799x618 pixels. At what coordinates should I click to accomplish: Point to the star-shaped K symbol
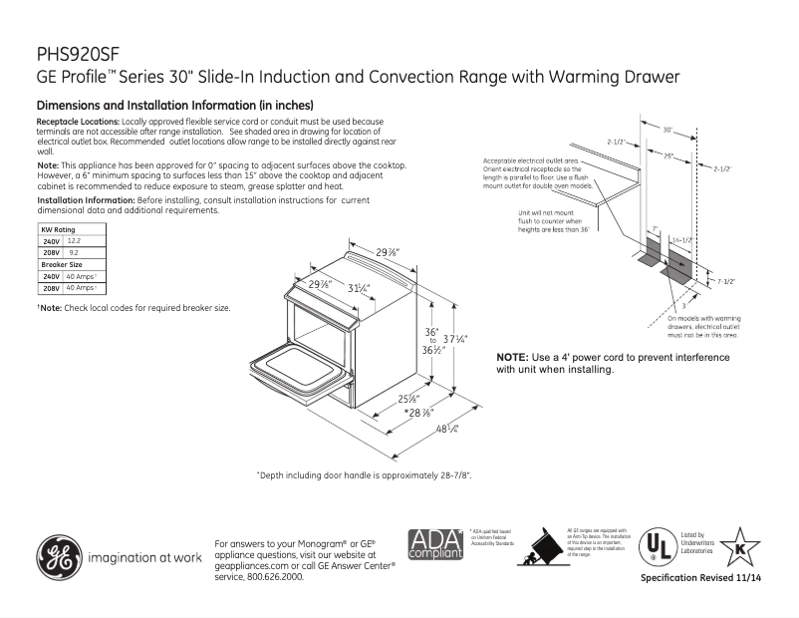click(739, 547)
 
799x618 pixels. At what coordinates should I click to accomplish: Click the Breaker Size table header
click(61, 264)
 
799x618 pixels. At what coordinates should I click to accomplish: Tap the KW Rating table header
click(57, 230)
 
